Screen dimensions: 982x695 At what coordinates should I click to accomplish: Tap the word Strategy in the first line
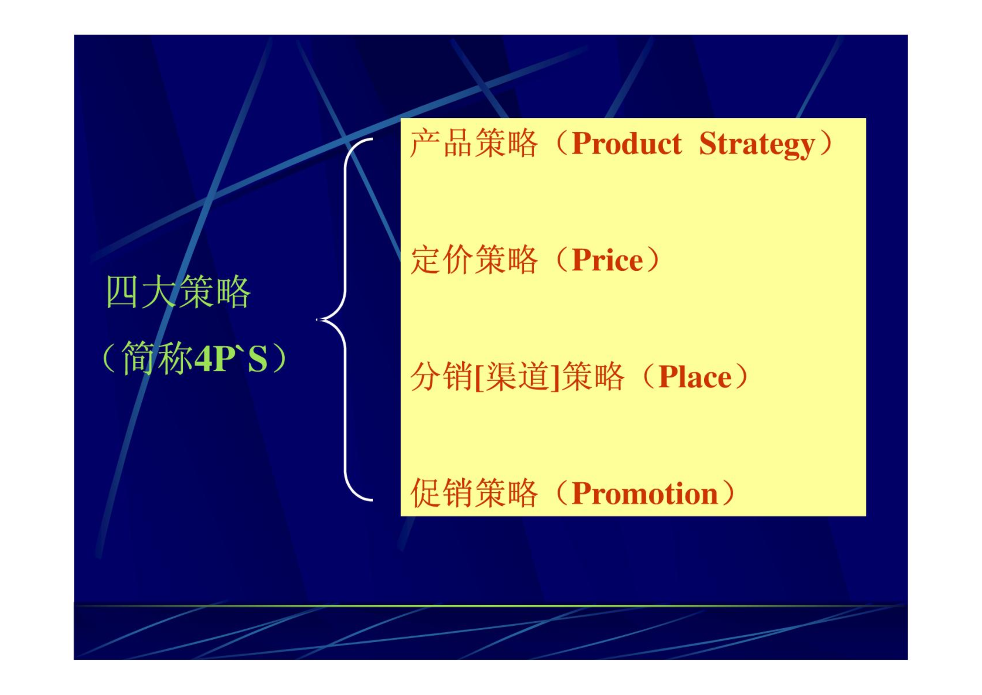pyautogui.click(x=757, y=145)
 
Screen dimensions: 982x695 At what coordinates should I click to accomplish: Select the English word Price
pyautogui.click(x=607, y=260)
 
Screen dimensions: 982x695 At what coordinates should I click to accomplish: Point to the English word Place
pyautogui.click(x=695, y=376)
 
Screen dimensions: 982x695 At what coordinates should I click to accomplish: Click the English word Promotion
pyautogui.click(x=644, y=493)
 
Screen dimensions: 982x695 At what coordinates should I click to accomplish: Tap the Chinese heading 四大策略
pyautogui.click(x=178, y=292)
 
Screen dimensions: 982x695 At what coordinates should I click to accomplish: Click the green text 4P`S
pyautogui.click(x=230, y=359)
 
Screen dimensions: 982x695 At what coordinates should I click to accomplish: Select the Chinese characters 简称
pyautogui.click(x=157, y=358)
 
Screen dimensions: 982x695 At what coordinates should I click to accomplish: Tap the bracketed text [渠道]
pyautogui.click(x=517, y=376)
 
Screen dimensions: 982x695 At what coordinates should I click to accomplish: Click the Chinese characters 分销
pyautogui.click(x=442, y=376)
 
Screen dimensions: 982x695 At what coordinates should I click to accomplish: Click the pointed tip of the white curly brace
pyautogui.click(x=317, y=320)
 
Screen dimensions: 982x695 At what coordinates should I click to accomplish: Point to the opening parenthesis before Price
pyautogui.click(x=562, y=260)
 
